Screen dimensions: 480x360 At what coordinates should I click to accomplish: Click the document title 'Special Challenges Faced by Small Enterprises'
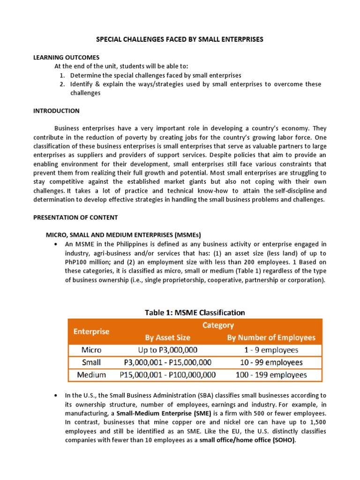click(x=180, y=39)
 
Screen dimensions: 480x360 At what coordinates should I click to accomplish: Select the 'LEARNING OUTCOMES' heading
click(x=60, y=57)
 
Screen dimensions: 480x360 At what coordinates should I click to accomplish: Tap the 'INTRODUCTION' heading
click(x=56, y=111)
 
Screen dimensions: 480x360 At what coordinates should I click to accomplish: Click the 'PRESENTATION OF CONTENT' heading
click(x=75, y=217)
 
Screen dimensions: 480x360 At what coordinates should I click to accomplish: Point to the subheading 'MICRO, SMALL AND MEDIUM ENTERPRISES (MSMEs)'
click(x=123, y=235)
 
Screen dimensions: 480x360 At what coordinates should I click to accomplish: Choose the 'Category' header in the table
click(x=218, y=325)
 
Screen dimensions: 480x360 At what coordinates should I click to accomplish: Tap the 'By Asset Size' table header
click(x=168, y=337)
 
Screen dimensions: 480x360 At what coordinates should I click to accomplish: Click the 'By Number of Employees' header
click(x=271, y=337)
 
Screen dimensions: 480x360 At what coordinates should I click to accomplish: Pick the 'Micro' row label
click(x=91, y=350)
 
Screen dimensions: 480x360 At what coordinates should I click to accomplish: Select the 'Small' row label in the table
click(x=91, y=362)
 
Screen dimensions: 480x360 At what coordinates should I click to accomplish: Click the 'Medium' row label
click(x=91, y=375)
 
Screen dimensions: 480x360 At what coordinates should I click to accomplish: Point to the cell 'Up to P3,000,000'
click(x=168, y=350)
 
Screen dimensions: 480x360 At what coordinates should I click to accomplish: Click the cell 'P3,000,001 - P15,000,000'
click(x=168, y=362)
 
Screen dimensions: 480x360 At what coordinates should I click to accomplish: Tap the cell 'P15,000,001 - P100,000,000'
click(x=168, y=375)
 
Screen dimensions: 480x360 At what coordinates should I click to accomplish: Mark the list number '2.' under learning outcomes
click(x=62, y=84)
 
